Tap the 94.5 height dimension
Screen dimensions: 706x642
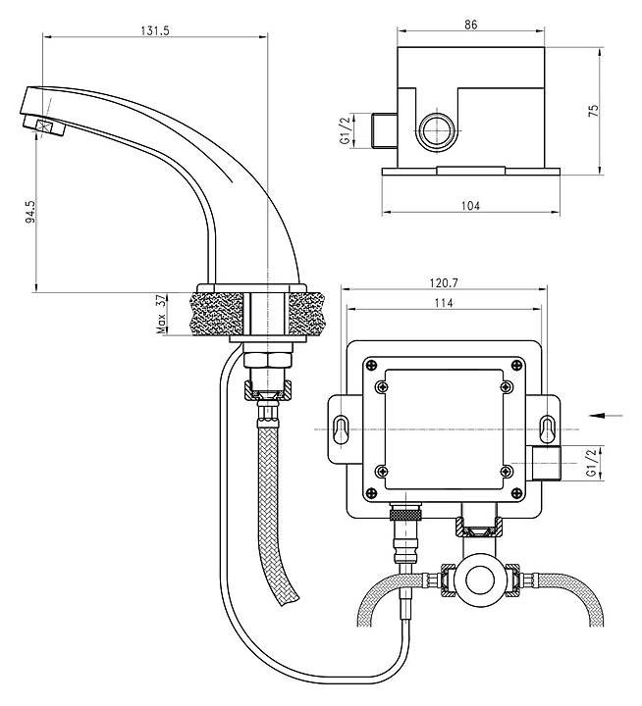click(30, 214)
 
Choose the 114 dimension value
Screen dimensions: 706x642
click(443, 304)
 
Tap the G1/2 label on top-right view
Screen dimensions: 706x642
click(346, 130)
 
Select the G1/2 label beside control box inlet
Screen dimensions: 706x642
click(591, 462)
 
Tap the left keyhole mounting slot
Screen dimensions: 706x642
click(341, 429)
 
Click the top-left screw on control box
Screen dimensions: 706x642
click(370, 367)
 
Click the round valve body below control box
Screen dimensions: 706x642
click(480, 580)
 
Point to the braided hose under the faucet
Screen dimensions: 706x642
click(273, 490)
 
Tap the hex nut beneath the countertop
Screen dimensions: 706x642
click(266, 358)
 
